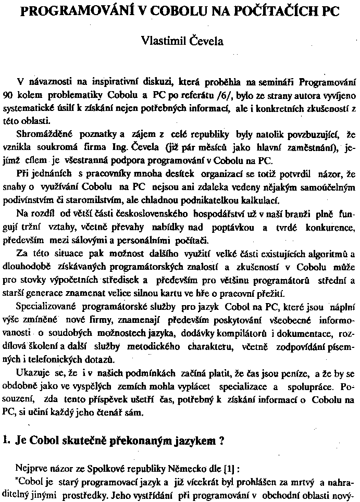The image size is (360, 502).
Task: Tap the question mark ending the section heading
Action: click(x=221, y=440)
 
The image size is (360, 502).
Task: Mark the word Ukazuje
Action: click(x=34, y=373)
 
